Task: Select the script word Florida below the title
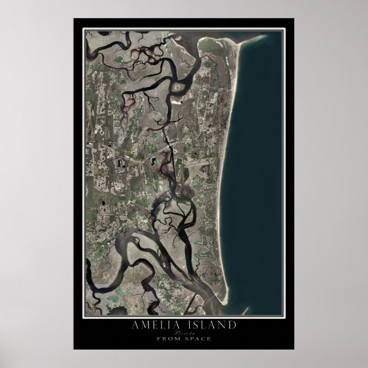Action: pyautogui.click(x=184, y=332)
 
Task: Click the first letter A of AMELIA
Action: pyautogui.click(x=134, y=325)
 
